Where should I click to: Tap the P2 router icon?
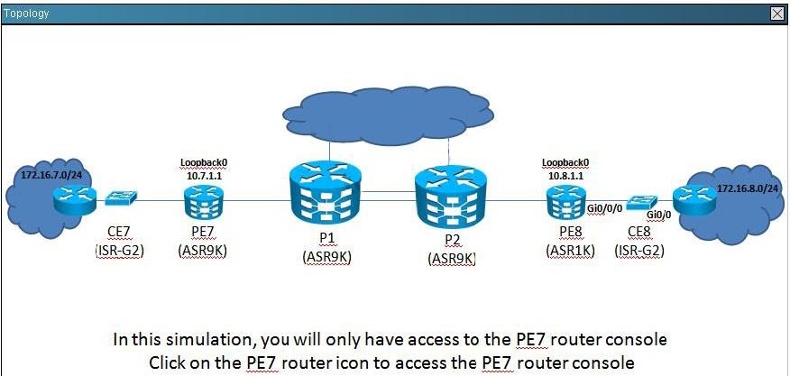click(451, 200)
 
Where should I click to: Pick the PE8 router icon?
click(565, 202)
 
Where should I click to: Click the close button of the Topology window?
click(776, 14)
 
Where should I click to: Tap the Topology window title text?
click(26, 14)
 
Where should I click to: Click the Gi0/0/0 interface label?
click(606, 207)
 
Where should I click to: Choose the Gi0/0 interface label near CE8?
click(659, 215)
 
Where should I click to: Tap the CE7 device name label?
click(119, 232)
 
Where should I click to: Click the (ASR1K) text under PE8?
click(570, 251)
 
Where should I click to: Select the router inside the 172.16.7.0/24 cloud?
click(75, 200)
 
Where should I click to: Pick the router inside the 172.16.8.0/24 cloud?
click(695, 200)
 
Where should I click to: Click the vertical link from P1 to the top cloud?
click(329, 152)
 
